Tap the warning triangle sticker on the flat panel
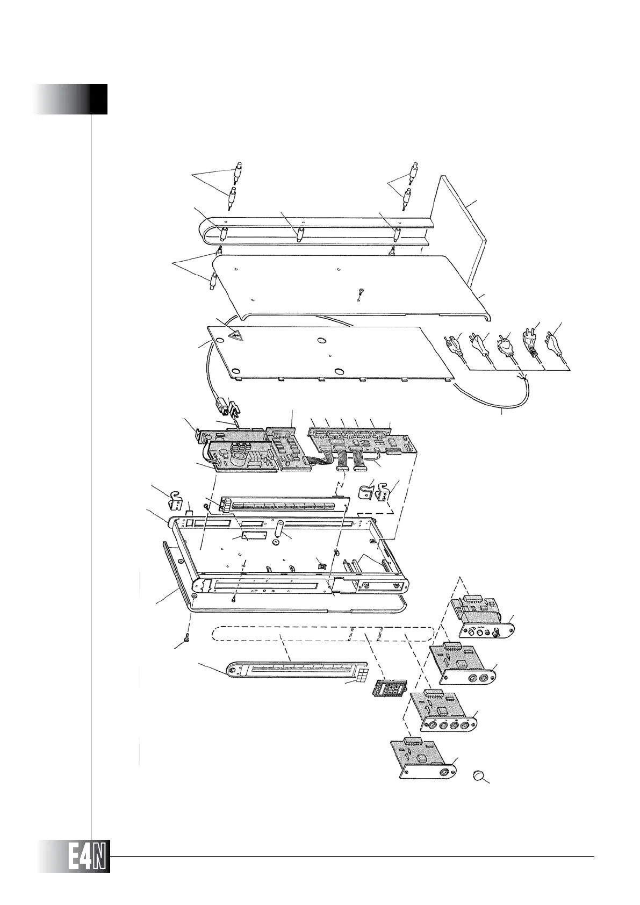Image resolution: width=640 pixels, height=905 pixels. [x=235, y=336]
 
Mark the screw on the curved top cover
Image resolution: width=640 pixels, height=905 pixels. [x=361, y=291]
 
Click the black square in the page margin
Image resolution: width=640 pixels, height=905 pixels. [x=97, y=99]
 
